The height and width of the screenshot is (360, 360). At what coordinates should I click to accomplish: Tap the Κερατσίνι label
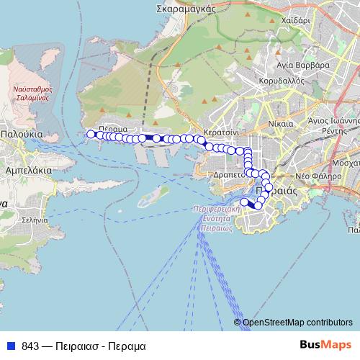pyautogui.click(x=221, y=135)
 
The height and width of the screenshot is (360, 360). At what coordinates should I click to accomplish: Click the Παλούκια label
pyautogui.click(x=22, y=134)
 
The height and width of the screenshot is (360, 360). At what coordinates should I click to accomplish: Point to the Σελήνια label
pyautogui.click(x=35, y=219)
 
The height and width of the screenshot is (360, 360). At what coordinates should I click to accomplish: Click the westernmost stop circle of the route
pyautogui.click(x=91, y=133)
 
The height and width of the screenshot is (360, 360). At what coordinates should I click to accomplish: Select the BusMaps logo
pyautogui.click(x=325, y=345)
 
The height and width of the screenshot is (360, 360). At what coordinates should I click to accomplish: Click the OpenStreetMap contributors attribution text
pyautogui.click(x=297, y=323)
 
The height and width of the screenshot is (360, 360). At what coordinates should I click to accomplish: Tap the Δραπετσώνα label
pyautogui.click(x=230, y=175)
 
